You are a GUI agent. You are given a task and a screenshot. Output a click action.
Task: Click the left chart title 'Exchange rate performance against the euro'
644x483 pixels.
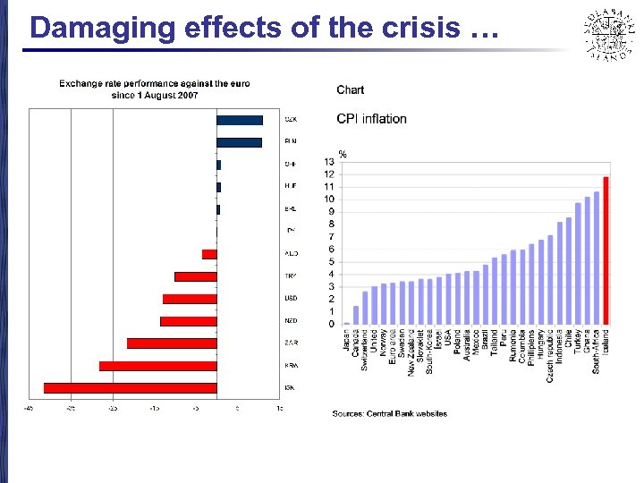154,84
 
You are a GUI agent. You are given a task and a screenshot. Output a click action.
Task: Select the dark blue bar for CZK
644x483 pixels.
240,120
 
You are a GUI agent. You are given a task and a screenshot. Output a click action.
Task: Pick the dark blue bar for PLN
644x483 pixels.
239,142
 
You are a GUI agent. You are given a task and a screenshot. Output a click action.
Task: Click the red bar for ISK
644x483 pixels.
130,387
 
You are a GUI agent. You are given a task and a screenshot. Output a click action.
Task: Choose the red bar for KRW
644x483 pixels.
157,365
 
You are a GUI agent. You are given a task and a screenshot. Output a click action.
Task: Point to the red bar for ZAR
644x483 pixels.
172,343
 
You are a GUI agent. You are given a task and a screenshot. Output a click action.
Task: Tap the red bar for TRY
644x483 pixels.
195,276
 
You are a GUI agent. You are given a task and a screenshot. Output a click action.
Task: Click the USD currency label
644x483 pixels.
291,299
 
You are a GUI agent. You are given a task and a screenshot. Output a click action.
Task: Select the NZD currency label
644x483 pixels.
291,321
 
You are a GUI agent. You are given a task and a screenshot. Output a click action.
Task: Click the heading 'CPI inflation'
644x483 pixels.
371,118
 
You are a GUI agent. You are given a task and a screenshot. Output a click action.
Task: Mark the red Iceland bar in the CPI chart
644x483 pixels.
606,250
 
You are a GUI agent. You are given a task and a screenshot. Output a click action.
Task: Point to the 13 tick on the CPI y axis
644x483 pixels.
329,162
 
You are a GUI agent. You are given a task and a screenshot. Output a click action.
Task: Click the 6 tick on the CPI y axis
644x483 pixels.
330,250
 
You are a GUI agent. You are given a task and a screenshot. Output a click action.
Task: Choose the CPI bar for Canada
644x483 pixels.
356,315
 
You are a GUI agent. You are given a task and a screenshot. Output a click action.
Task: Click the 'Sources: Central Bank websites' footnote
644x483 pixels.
389,413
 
